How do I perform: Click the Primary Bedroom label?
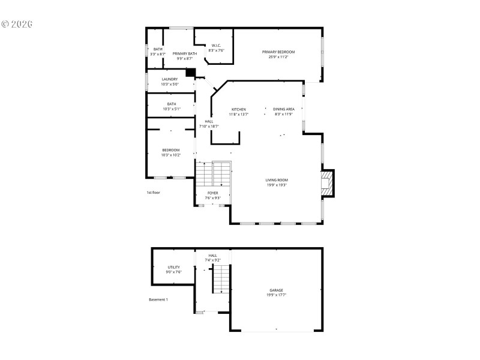pos(278,52)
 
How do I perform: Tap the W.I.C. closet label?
pos(216,46)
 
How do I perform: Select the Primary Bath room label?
pos(185,54)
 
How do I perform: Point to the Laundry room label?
pos(170,79)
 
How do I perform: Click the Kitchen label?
pos(239,109)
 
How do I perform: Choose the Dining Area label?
pos(284,109)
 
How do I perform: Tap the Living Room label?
pos(277,180)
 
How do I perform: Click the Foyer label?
pos(213,193)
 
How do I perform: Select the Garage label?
pos(276,290)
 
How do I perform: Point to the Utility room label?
pos(173,268)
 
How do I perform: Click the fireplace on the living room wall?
pos(326,184)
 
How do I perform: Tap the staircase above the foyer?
pos(214,174)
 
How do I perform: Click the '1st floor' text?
pos(154,193)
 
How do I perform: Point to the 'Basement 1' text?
pos(158,299)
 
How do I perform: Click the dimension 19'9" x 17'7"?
pos(276,295)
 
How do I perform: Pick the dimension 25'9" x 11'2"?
pos(278,57)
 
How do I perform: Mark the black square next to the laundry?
pos(191,73)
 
